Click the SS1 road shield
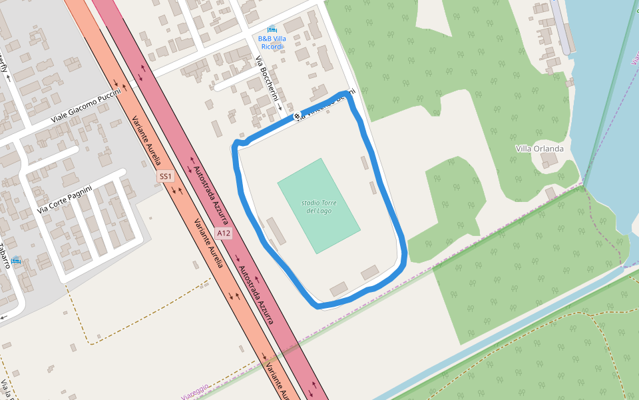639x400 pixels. point(165,177)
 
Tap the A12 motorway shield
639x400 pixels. point(224,233)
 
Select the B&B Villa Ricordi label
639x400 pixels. point(272,42)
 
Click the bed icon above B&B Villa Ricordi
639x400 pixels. point(272,29)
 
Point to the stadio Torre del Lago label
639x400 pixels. point(319,206)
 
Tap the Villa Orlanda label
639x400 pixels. point(539,148)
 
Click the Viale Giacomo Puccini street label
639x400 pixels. point(86,106)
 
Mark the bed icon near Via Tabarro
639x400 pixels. point(16,260)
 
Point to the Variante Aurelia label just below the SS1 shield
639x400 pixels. point(207,243)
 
